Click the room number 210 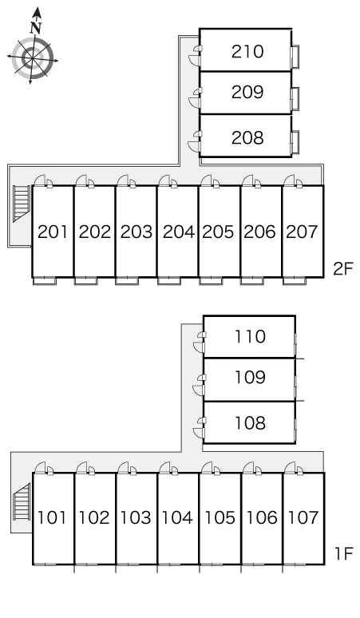247,52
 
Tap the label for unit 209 247,92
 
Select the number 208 247,137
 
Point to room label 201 53,232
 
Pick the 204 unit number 179,232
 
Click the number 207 302,232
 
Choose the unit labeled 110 250,337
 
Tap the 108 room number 250,423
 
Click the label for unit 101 52,517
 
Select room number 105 220,517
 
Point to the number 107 303,517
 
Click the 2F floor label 343,269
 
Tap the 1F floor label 344,554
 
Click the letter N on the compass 36,28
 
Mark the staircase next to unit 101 22,501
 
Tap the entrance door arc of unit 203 122,180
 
